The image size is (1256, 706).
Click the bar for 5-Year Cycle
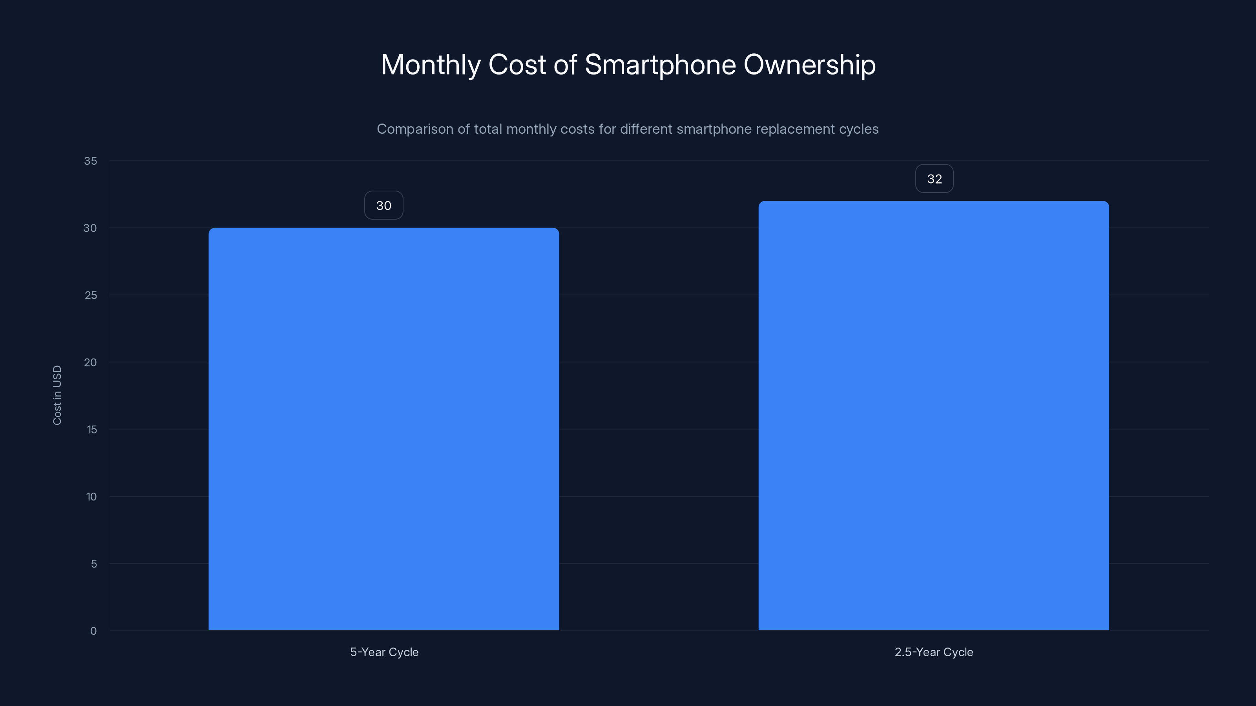pos(384,429)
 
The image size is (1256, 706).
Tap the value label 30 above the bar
pos(384,206)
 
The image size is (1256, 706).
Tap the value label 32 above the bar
pos(934,179)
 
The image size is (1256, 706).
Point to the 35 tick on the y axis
pos(91,161)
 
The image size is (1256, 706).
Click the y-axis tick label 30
pos(90,228)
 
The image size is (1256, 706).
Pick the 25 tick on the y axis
pos(91,295)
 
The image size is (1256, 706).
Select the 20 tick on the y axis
pos(90,362)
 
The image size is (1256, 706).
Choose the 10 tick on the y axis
pos(91,497)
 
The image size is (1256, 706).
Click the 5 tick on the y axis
pos(94,564)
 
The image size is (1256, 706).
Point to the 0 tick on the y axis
pos(93,631)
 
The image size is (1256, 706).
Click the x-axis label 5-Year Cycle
pos(384,652)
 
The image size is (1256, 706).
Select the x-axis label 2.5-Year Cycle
pos(933,652)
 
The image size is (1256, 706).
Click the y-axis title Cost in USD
pos(57,395)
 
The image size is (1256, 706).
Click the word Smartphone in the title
pos(660,65)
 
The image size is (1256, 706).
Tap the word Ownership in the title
pos(809,65)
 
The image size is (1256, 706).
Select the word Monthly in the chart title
pos(431,65)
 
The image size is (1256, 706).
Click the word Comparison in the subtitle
pos(415,129)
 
